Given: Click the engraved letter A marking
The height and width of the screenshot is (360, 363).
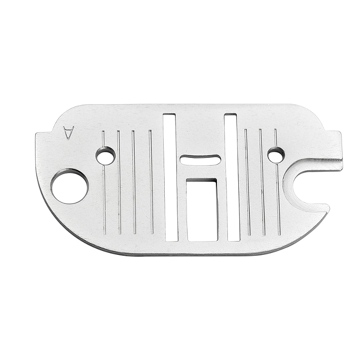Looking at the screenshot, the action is pos(68,134).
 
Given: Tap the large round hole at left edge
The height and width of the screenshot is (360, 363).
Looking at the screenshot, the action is pos(69,186).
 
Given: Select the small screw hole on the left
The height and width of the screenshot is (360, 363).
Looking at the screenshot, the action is pos(106,156).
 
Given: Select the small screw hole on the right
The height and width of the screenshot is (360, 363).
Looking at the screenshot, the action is pos(276,155).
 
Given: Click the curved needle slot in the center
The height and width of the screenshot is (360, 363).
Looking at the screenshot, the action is pos(200,160).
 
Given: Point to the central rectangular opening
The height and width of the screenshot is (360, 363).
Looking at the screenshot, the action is pos(202,210).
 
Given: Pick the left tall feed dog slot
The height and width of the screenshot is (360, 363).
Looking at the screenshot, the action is pos(170,177).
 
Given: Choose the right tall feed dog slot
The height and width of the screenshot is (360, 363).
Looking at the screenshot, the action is pos(232,177).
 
